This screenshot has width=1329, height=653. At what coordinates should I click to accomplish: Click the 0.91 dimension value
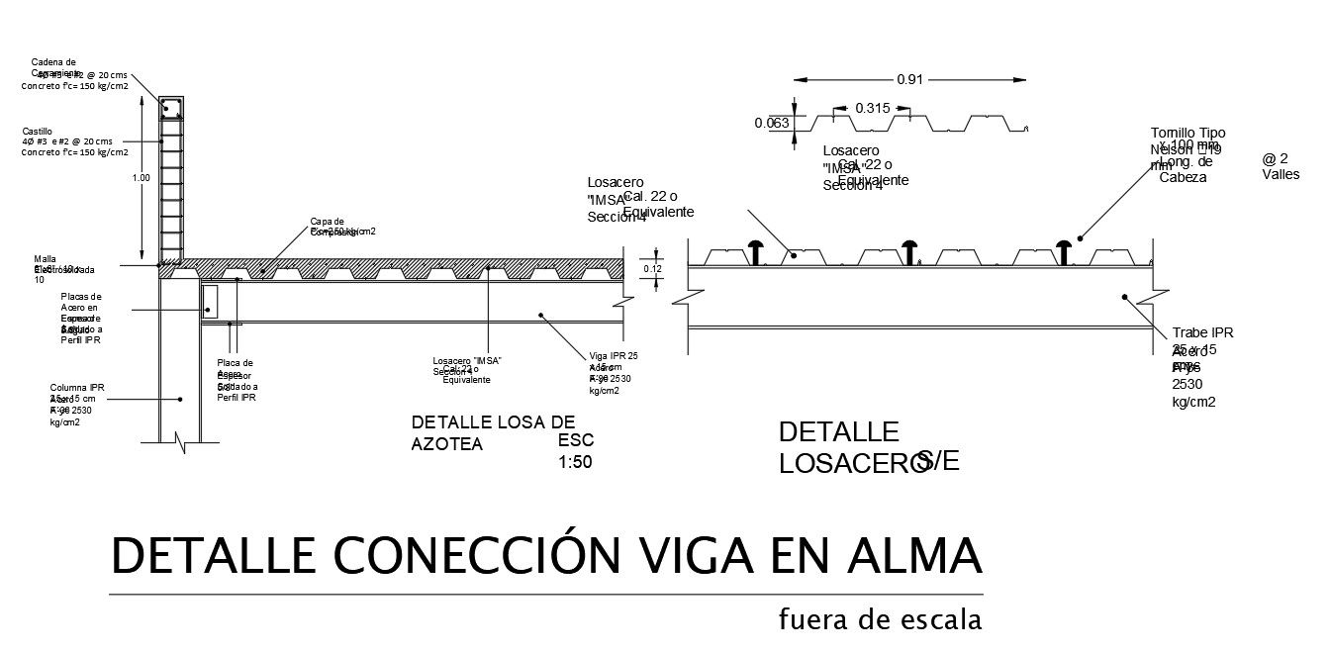[x=909, y=80]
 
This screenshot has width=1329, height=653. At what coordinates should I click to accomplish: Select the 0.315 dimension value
[x=872, y=108]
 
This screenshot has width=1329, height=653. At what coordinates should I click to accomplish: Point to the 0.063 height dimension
[x=771, y=124]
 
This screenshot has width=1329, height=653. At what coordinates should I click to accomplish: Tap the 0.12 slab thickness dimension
[x=652, y=268]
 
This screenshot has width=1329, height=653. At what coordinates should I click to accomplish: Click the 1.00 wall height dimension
[x=142, y=178]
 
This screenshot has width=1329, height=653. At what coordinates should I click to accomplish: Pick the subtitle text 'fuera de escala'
[x=880, y=620]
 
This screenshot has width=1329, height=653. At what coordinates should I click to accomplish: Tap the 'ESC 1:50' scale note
[x=576, y=450]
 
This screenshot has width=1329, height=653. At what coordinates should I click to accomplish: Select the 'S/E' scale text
[x=938, y=460]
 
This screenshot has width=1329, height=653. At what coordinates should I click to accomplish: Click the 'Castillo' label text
[x=37, y=131]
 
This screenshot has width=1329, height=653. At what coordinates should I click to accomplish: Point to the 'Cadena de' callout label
[x=54, y=62]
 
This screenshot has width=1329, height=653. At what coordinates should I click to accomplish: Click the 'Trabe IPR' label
[x=1202, y=332]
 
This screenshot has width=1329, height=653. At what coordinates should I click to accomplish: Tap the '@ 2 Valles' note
[x=1276, y=166]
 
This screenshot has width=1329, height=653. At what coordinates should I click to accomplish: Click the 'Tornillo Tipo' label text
[x=1187, y=134]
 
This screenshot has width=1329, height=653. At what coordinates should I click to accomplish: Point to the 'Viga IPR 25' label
[x=614, y=356]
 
